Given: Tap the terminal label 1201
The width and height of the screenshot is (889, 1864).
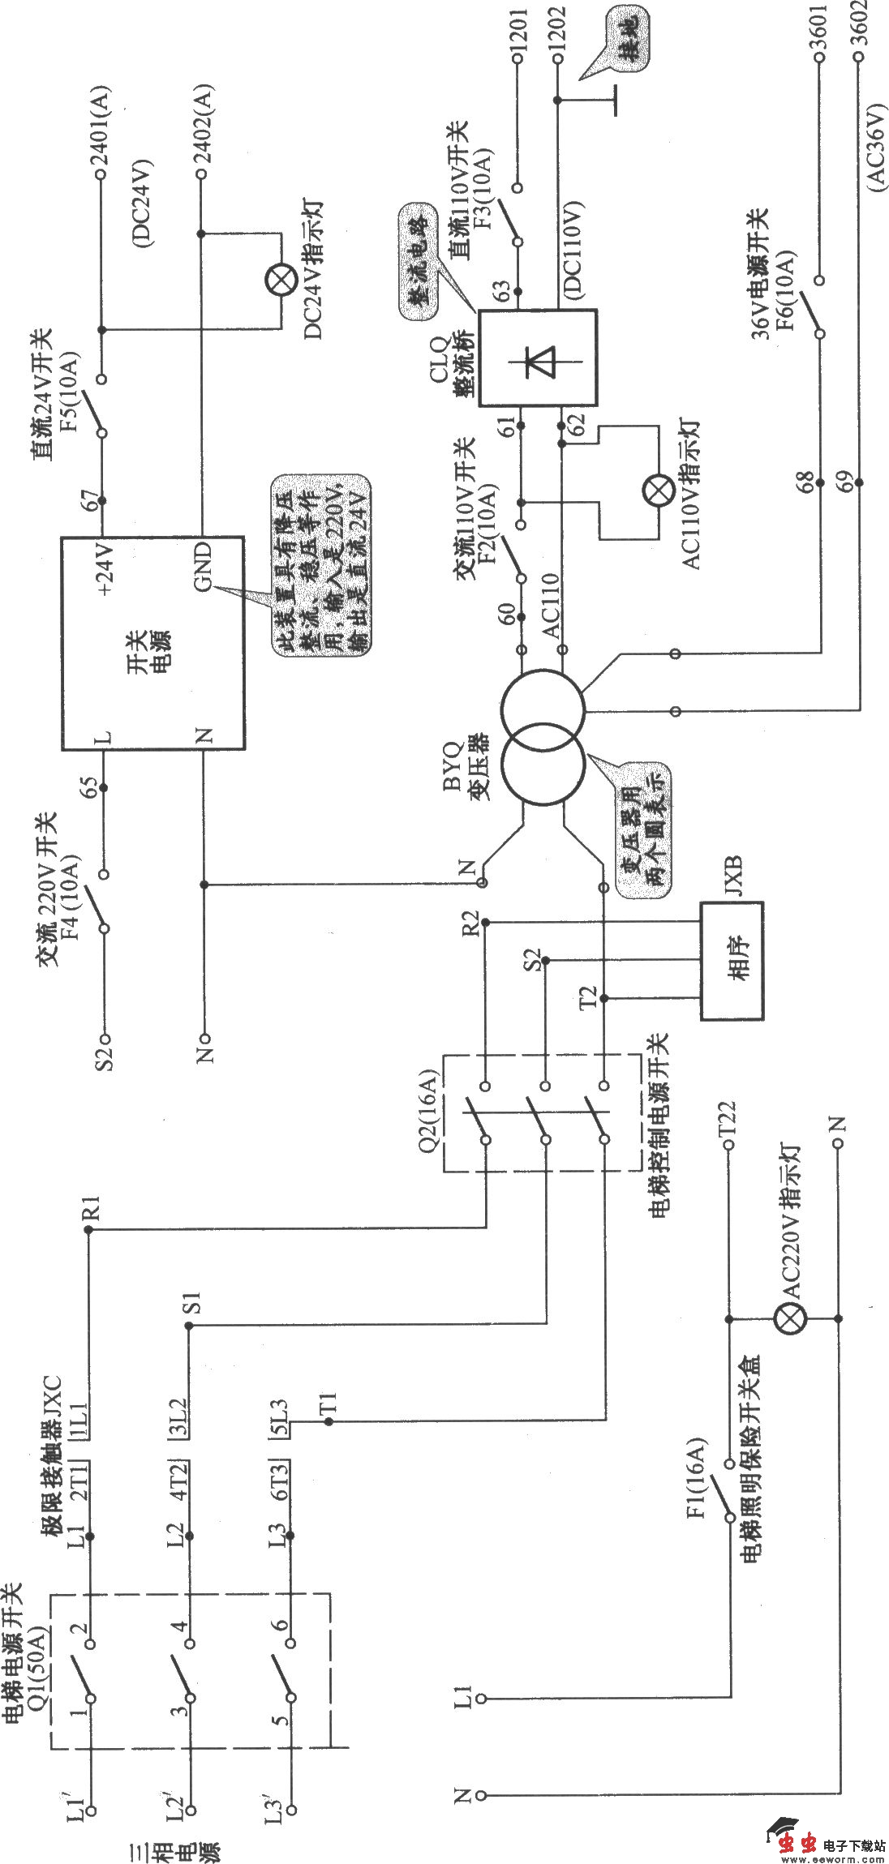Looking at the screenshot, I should coord(518,36).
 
